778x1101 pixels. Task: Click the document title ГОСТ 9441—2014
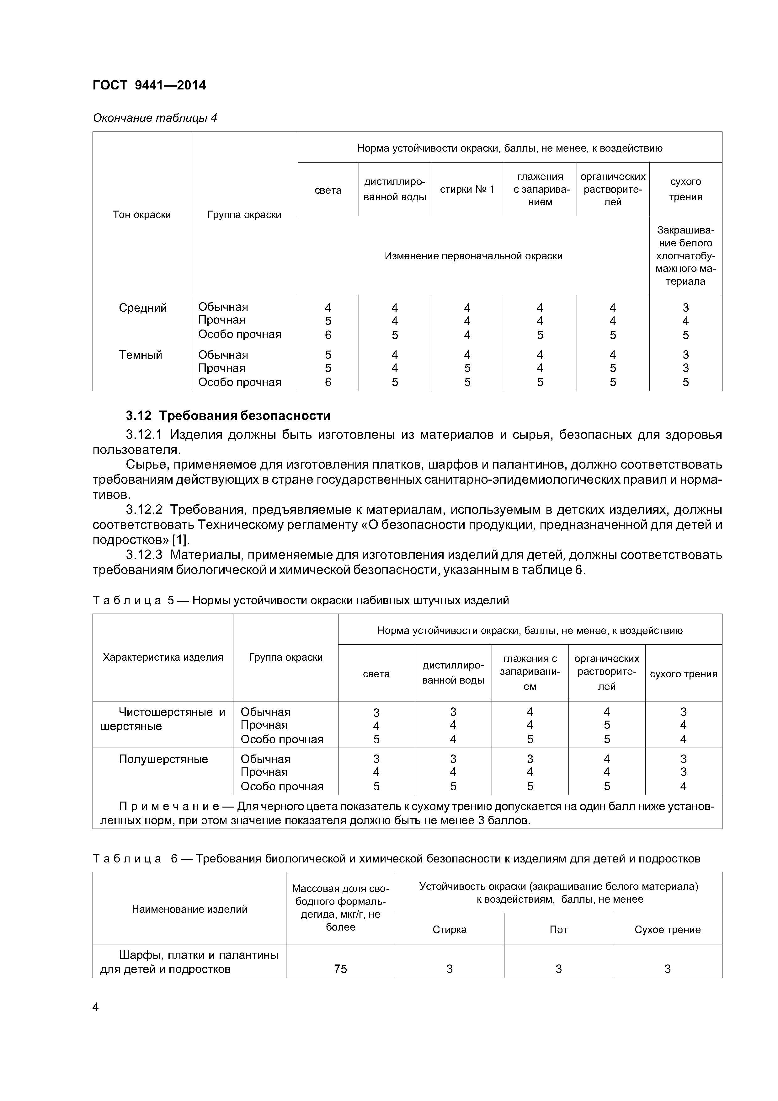tap(149, 85)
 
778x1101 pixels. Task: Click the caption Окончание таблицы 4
tap(155, 118)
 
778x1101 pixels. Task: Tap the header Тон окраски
tap(141, 215)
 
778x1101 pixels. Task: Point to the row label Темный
tap(141, 355)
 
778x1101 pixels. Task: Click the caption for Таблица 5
tap(301, 600)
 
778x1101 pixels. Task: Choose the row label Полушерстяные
tap(163, 759)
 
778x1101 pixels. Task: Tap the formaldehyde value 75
tap(340, 969)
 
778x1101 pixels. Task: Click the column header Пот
tap(558, 929)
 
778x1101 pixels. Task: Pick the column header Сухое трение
tap(667, 929)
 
